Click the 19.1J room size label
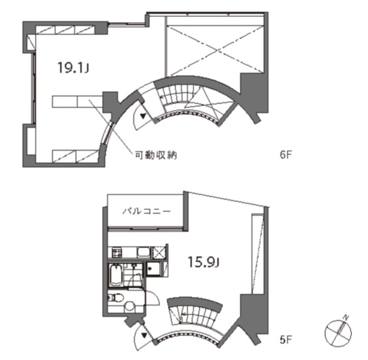(x=73, y=67)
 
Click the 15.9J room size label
(x=203, y=262)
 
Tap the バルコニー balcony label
(x=146, y=211)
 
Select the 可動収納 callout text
(x=156, y=155)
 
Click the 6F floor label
(x=286, y=155)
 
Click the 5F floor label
(x=286, y=340)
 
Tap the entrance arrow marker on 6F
(x=143, y=116)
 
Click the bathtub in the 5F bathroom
(x=116, y=275)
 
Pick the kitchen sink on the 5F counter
(x=144, y=252)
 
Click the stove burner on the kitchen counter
(x=116, y=253)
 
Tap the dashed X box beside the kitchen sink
(x=159, y=253)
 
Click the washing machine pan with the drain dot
(x=153, y=269)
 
